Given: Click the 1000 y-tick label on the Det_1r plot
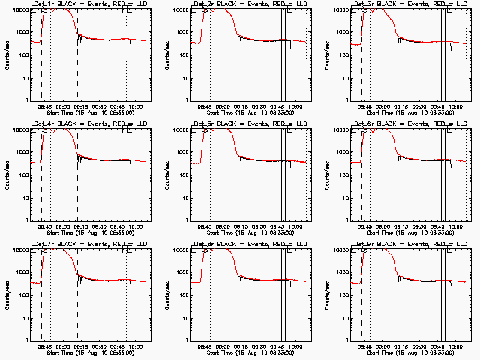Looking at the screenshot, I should pyautogui.click(x=21, y=33).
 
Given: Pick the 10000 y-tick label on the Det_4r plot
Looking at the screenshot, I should pyautogui.click(x=19, y=130).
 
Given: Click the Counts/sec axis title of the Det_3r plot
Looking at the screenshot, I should pyautogui.click(x=327, y=54).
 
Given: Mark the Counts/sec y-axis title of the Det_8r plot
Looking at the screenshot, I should pyautogui.click(x=166, y=294).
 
